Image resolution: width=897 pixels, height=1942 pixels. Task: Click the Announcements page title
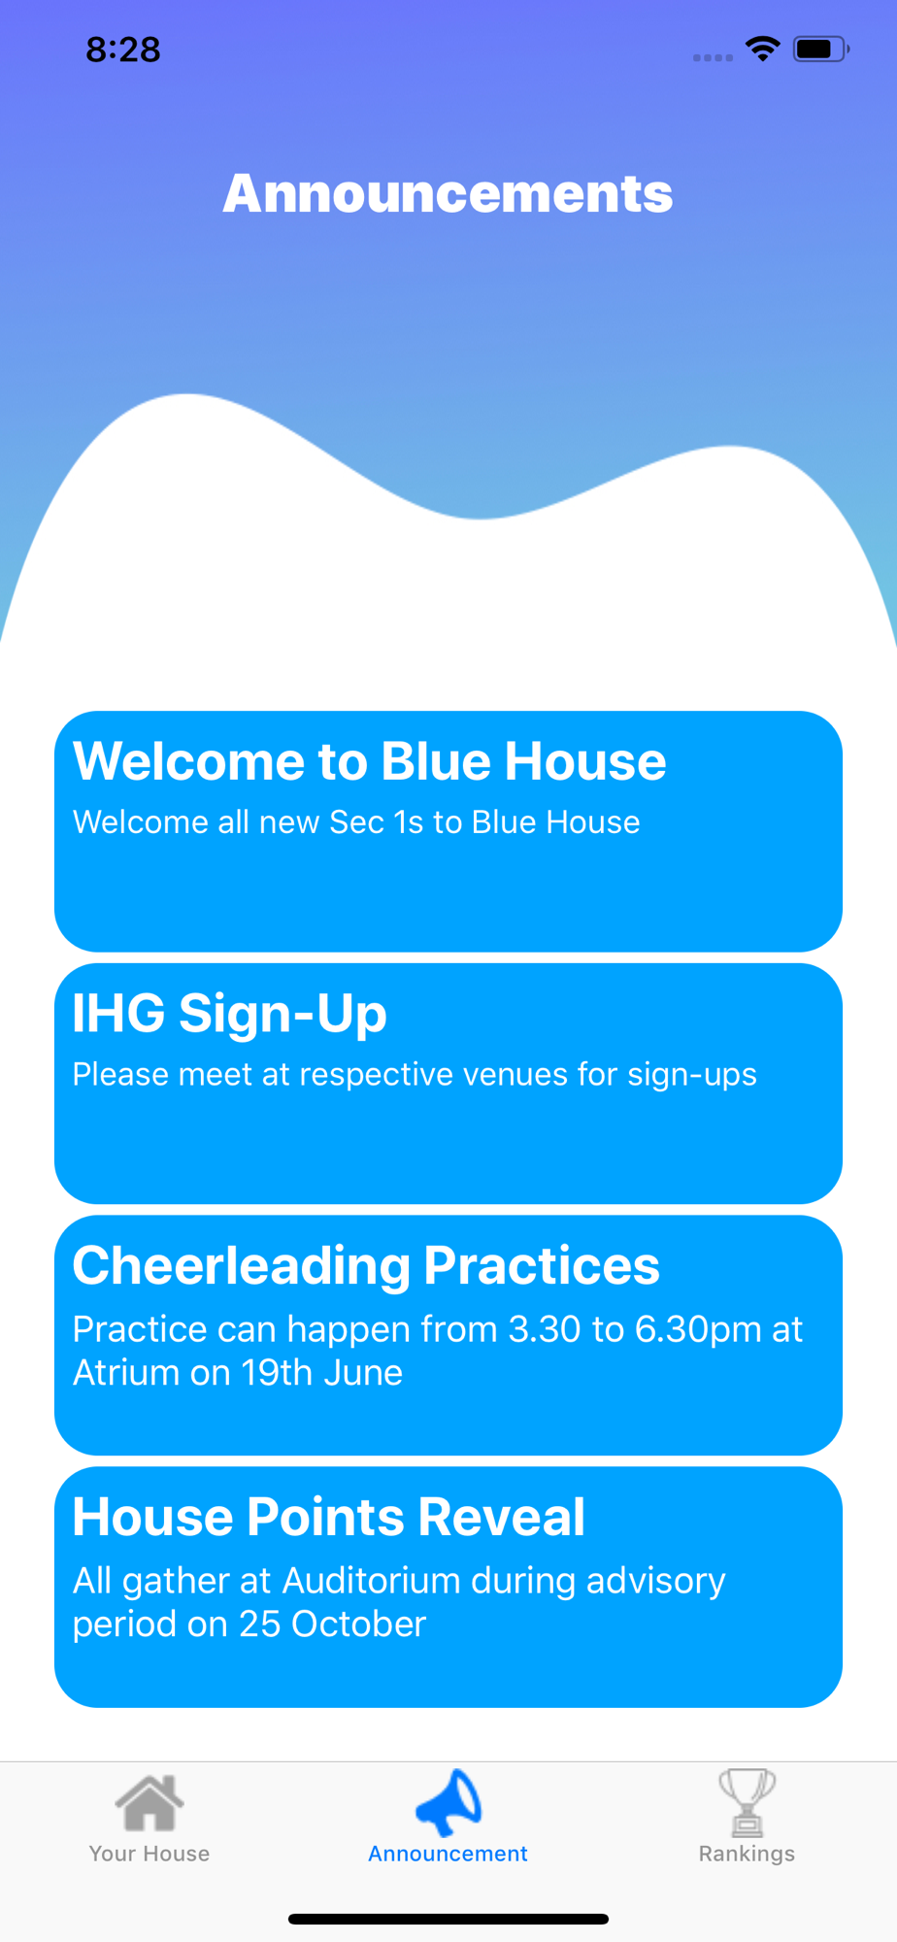tap(448, 193)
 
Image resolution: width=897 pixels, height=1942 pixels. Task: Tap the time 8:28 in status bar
tap(123, 50)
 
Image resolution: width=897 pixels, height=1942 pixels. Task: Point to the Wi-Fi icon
tap(763, 49)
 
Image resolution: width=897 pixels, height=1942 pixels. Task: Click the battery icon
tap(821, 49)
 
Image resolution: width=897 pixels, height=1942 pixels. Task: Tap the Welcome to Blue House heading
tap(370, 760)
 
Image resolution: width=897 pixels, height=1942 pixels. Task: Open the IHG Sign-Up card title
tap(230, 1013)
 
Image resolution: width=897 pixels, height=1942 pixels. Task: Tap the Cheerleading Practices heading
tap(366, 1265)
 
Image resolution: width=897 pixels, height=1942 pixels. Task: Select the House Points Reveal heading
tap(329, 1517)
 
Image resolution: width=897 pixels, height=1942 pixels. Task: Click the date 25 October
tap(333, 1624)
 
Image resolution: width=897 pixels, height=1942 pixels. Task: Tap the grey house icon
tap(149, 1802)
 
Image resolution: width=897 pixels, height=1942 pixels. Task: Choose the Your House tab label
tap(149, 1854)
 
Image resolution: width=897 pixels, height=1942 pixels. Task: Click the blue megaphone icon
tap(448, 1802)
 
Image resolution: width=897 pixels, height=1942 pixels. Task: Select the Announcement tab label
tap(448, 1854)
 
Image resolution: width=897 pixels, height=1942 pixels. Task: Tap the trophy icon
tap(747, 1802)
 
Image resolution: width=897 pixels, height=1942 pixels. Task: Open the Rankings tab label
tap(747, 1855)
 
